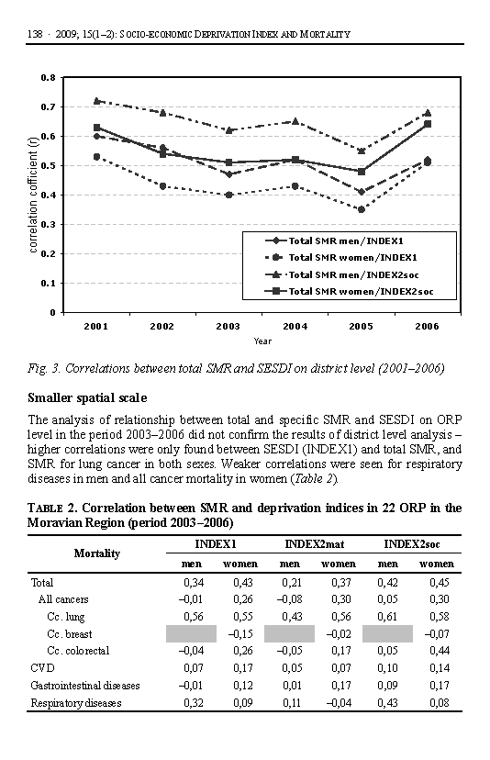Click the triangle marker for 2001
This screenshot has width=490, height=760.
coord(97,101)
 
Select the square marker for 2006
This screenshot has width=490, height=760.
coord(428,124)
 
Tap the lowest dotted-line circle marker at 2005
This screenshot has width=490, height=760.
coord(362,209)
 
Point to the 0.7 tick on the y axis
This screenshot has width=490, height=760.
coord(48,106)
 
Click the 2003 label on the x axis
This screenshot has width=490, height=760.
coord(228,326)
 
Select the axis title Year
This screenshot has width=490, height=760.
coord(262,341)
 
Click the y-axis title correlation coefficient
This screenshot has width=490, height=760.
coord(33,195)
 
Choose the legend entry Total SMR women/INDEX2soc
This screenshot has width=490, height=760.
coord(350,291)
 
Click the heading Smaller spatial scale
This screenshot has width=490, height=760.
coord(87,398)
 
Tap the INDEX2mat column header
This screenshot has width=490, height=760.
coord(314,544)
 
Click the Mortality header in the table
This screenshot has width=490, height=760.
coord(97,553)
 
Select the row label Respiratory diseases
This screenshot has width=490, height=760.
coord(76,703)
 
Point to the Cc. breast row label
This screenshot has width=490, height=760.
coord(70,634)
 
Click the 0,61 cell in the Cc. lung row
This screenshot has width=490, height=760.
coord(387,617)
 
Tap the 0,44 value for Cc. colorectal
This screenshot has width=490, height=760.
coord(440,651)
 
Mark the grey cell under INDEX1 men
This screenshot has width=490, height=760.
coord(191,634)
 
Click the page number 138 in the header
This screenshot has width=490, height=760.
coord(35,34)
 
